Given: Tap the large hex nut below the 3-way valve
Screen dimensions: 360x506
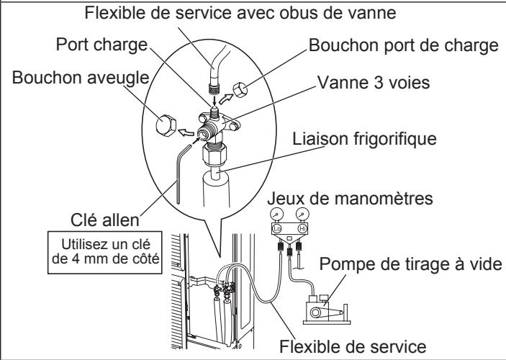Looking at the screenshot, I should coord(214,154).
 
